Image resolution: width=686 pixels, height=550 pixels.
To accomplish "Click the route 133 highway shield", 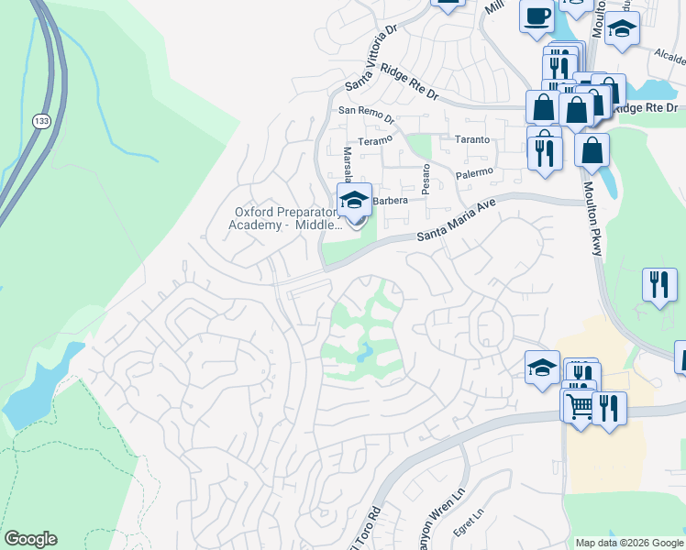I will [x=40, y=121].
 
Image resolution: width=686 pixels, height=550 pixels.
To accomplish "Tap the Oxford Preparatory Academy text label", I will [x=282, y=218].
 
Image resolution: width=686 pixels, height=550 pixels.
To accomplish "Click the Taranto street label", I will [x=472, y=140].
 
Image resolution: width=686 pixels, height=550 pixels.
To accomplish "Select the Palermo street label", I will [x=474, y=172].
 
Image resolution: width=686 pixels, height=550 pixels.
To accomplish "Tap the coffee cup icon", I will [x=537, y=16].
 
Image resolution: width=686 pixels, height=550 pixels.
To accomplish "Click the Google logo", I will [x=30, y=538].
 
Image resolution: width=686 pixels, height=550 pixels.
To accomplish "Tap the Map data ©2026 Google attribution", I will [x=628, y=543].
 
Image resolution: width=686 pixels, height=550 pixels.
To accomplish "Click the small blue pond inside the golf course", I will [x=365, y=351].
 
